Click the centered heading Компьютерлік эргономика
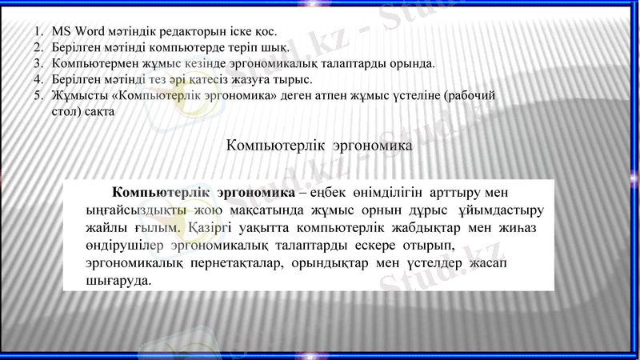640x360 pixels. [319, 146]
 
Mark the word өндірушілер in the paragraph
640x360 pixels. [125, 246]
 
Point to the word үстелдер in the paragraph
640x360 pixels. [438, 263]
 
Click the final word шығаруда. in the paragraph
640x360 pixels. [118, 281]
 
